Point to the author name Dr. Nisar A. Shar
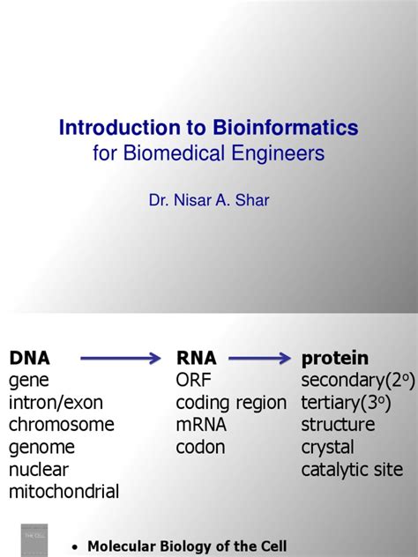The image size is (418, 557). point(209,200)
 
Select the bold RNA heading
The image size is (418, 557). point(196,358)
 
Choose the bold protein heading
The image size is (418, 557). point(335,358)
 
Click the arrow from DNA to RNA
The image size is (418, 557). point(121,358)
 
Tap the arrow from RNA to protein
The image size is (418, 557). point(260,358)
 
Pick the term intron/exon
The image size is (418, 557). point(56,403)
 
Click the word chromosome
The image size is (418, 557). point(62,425)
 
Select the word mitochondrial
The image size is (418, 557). point(63,492)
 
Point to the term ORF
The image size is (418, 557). point(194,381)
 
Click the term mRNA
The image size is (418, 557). point(201,425)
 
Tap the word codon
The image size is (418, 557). point(200,447)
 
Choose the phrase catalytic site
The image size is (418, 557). point(352,470)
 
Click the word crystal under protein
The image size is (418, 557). point(327,448)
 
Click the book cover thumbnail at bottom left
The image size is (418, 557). point(34,538)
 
